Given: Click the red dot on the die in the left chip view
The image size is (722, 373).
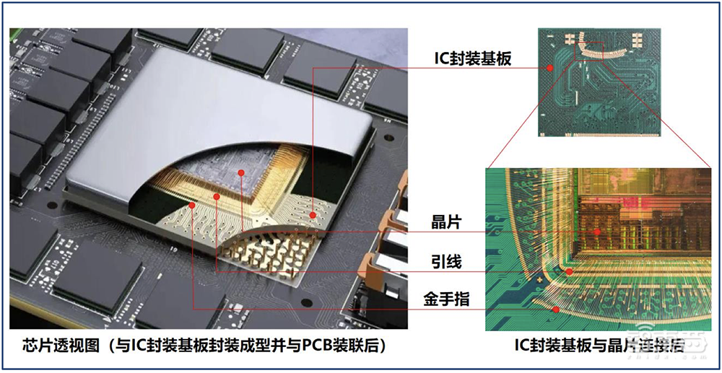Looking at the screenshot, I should coord(240,174).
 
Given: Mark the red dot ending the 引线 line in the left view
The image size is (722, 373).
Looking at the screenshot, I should coord(217,196).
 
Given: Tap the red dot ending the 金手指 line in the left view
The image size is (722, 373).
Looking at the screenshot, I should coord(193,205).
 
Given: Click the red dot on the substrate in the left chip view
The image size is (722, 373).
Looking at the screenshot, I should coord(313,215).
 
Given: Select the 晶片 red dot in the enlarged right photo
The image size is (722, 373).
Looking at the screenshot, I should coord(599,232).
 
